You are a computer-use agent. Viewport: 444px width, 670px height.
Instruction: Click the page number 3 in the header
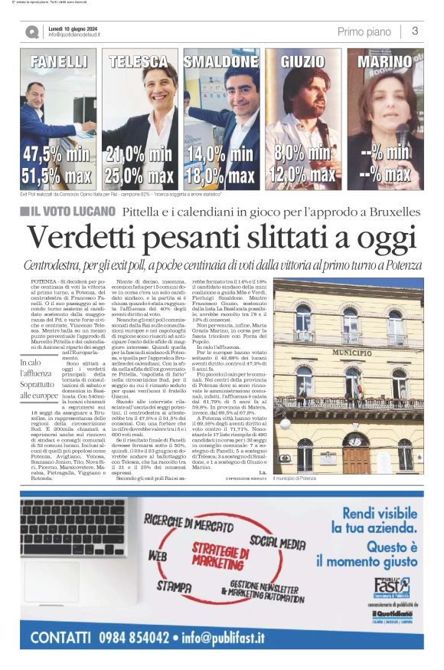414,31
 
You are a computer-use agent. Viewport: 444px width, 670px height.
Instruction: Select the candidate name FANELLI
59,61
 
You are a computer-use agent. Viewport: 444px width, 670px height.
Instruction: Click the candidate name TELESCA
139,61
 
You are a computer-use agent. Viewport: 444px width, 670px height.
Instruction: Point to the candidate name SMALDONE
221,61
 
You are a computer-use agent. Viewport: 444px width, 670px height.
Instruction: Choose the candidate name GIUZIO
303,61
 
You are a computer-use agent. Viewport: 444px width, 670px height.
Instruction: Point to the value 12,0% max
303,176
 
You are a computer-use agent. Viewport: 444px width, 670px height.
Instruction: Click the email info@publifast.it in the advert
222,636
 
